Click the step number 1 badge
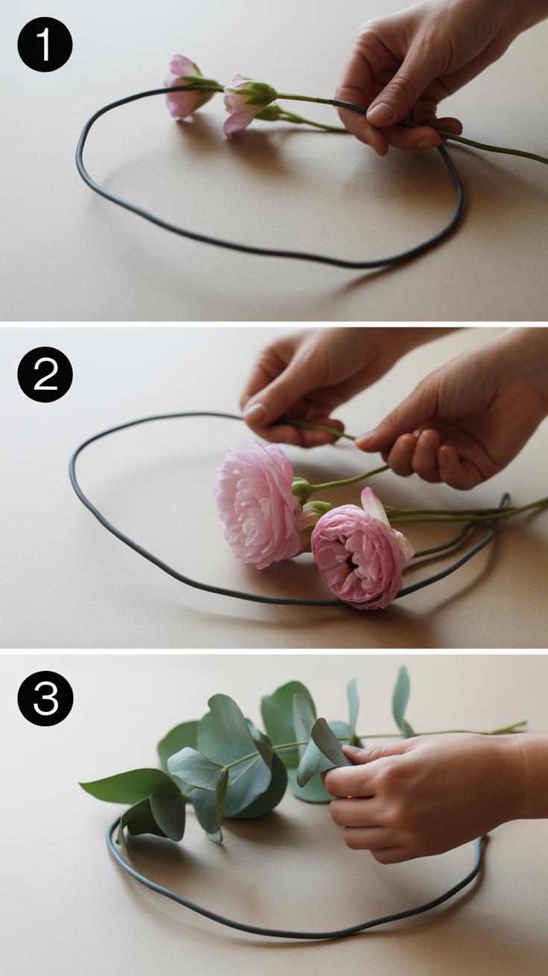click(x=45, y=45)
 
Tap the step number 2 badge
click(x=45, y=374)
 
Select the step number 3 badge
click(x=45, y=698)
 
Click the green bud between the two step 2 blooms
click(x=302, y=489)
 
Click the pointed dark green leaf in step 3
click(x=127, y=785)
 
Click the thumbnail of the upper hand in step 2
click(x=255, y=411)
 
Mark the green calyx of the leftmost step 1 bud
click(x=200, y=82)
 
